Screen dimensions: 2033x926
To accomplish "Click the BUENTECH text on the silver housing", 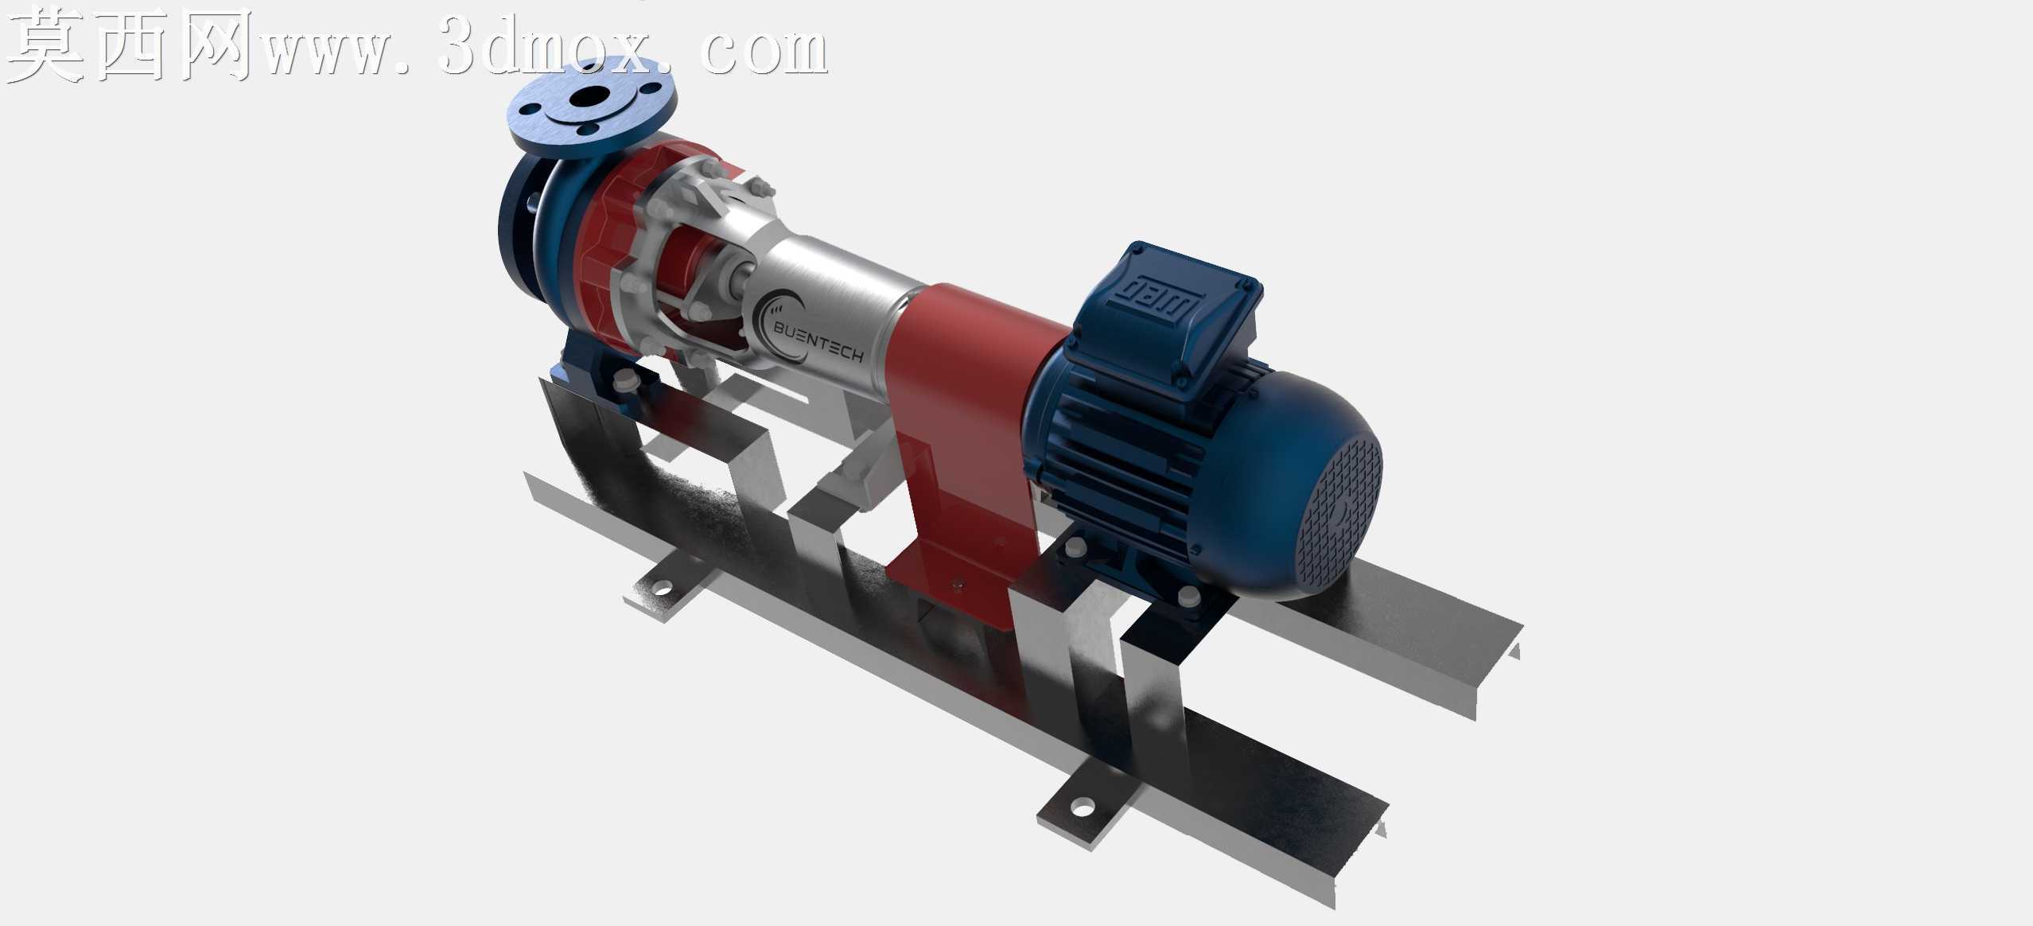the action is pos(818,340).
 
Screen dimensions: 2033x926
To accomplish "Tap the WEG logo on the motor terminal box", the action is pos(1163,302).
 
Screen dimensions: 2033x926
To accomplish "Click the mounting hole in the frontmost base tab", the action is pos(1082,809).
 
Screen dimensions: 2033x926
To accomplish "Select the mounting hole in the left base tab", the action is pos(660,589).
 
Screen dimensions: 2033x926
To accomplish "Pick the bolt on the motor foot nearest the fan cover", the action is pos(1188,594).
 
